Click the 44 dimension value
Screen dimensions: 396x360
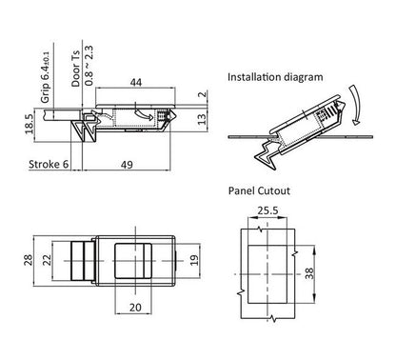(x=136, y=82)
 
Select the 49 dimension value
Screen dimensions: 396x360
(x=127, y=165)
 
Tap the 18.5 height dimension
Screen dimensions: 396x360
(x=29, y=124)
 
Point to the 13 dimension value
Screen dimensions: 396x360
(x=202, y=119)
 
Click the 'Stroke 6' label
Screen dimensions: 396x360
(x=49, y=164)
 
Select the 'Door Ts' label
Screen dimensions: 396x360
(x=75, y=69)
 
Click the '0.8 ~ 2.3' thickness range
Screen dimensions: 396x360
(x=89, y=66)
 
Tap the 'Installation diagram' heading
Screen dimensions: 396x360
(x=275, y=77)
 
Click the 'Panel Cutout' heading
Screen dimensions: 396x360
(x=259, y=190)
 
